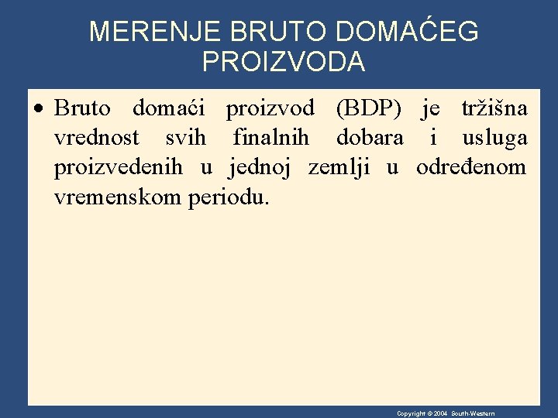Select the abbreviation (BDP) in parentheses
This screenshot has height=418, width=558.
[369, 108]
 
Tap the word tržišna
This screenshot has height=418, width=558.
[494, 108]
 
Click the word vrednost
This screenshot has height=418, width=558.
[97, 138]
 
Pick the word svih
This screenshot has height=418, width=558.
[186, 138]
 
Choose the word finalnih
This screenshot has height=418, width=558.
[270, 138]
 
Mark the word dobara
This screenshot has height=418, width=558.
[370, 138]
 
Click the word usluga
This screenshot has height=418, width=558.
[494, 138]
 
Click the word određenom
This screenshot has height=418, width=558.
[471, 167]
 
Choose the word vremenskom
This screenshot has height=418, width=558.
[118, 197]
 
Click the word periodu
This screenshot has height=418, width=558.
[229, 197]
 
